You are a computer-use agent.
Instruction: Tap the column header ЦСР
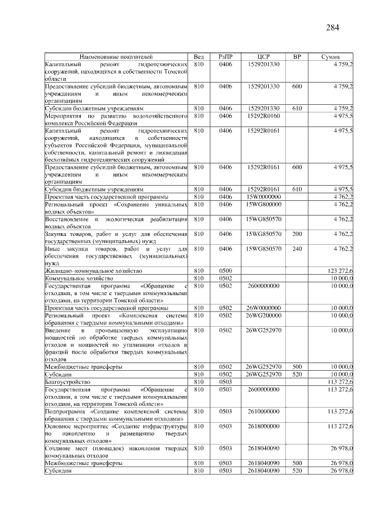tap(263, 56)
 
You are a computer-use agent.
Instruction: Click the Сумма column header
tap(330, 56)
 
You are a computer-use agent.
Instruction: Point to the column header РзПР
tap(226, 56)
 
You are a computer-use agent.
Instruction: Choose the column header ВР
tap(296, 56)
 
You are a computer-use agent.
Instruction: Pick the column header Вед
tap(199, 56)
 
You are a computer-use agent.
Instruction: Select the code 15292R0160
tap(263, 116)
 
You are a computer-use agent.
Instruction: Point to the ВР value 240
tap(296, 248)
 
